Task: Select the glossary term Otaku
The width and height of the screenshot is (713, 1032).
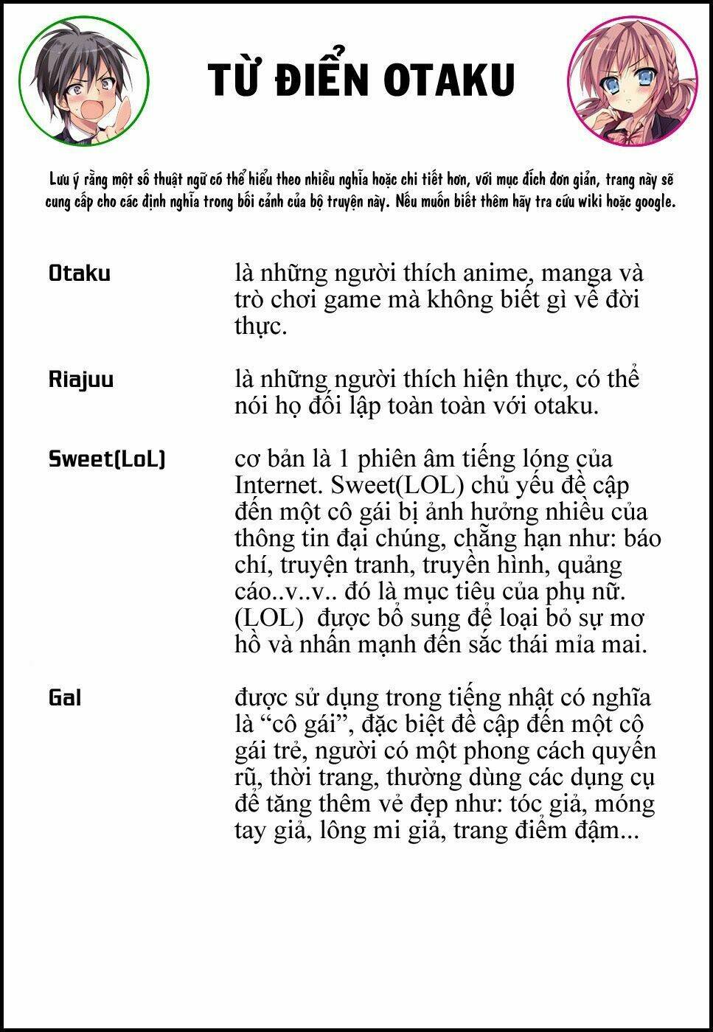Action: [x=80, y=273]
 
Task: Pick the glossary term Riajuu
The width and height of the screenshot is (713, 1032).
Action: [x=81, y=380]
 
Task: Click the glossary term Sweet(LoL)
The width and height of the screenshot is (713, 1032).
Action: [x=107, y=459]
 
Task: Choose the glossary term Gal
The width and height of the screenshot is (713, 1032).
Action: [x=65, y=697]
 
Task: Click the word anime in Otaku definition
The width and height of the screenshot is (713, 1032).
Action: [x=495, y=273]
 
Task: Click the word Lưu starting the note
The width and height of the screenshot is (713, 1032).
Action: [x=59, y=180]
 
